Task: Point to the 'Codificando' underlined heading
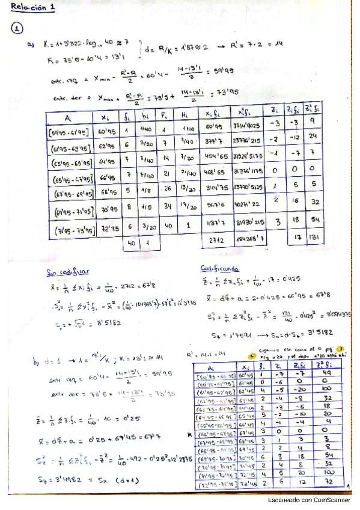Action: coord(219,269)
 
